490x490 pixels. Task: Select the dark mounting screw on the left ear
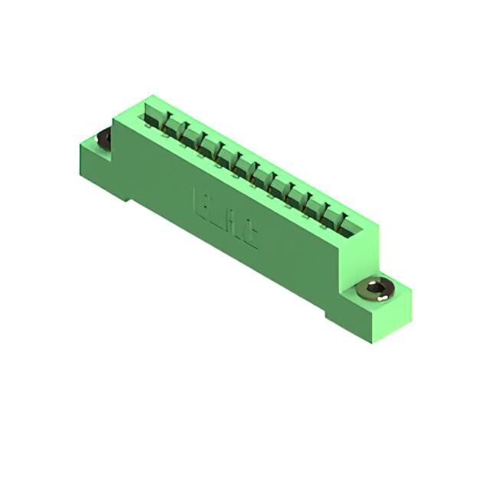pyautogui.click(x=103, y=139)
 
